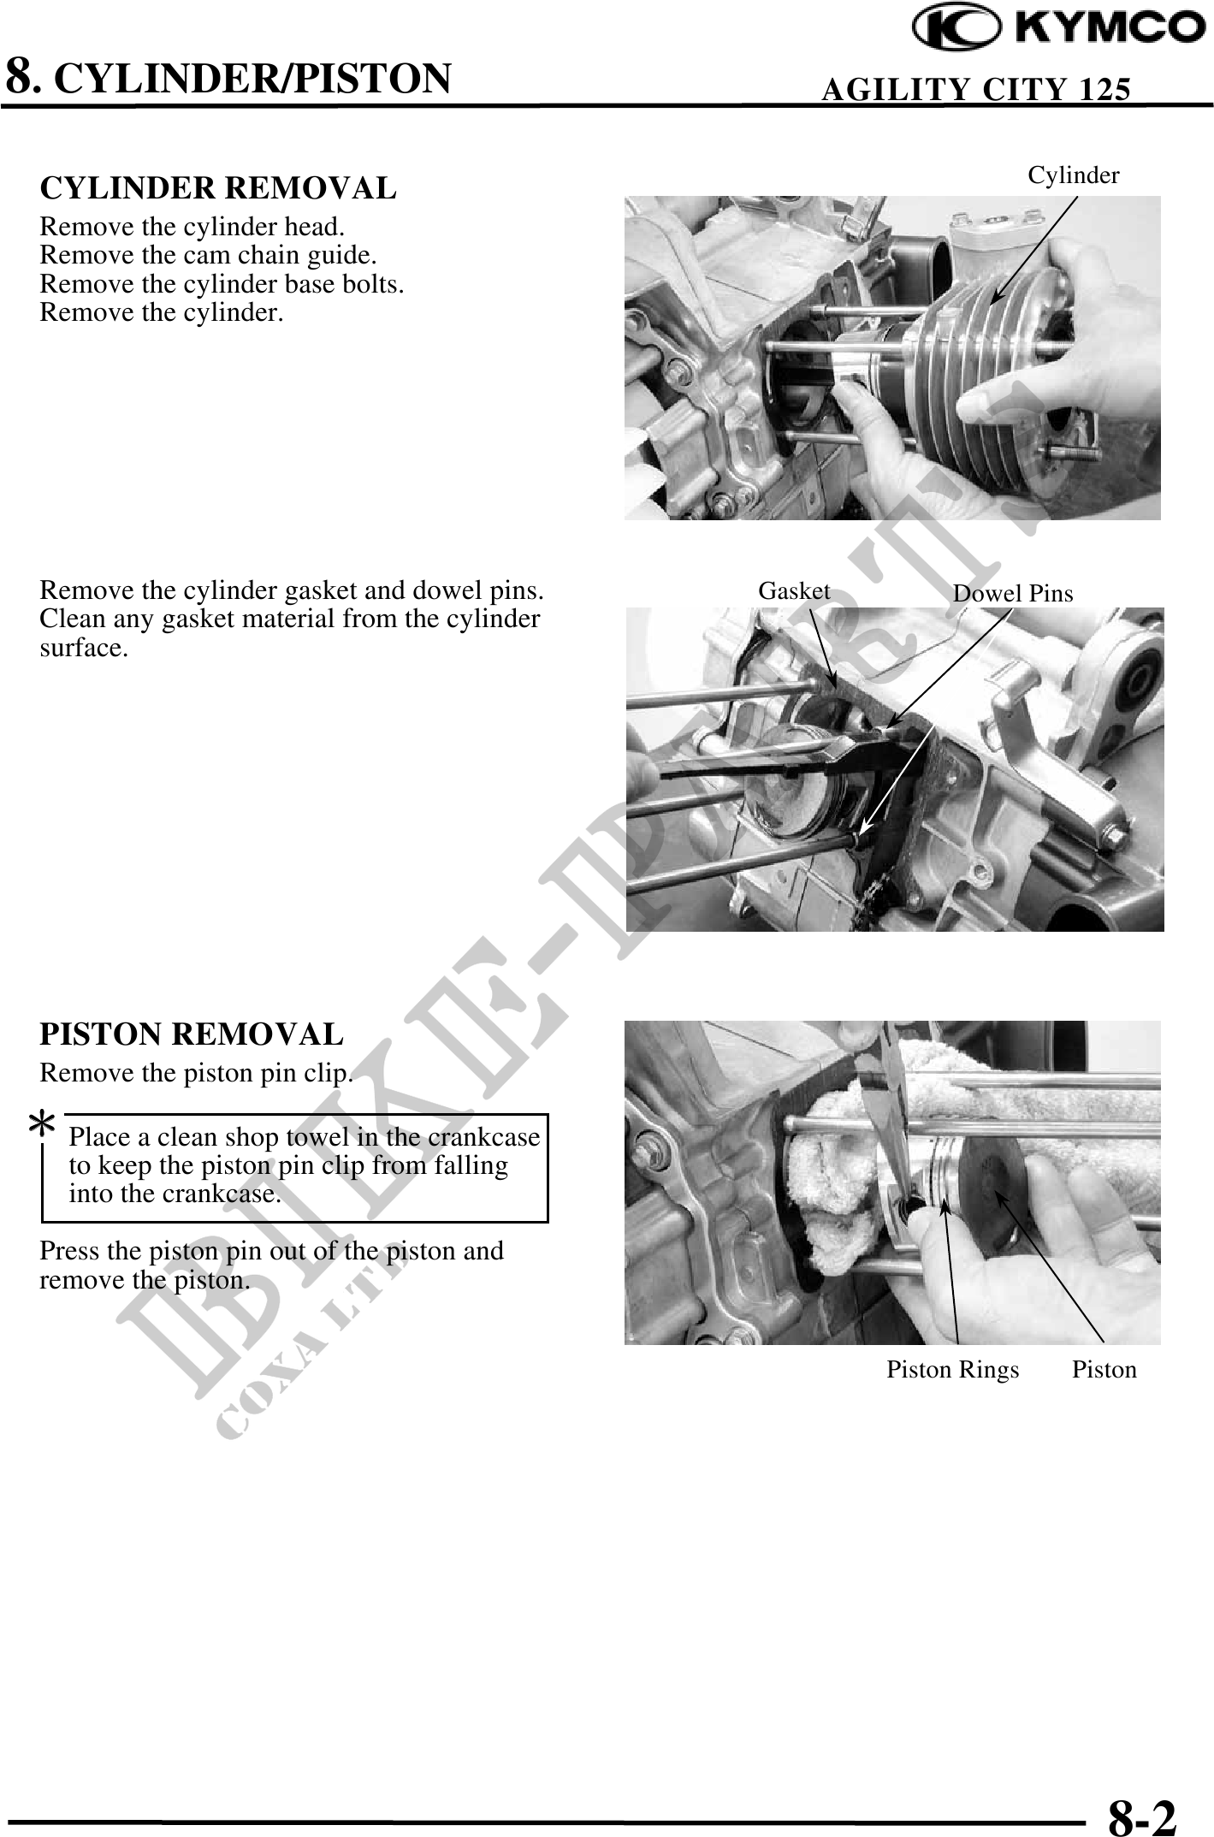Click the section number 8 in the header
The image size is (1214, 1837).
pyautogui.click(x=21, y=75)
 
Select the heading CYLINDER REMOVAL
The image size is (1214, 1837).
pyautogui.click(x=218, y=187)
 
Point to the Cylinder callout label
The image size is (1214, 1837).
pyautogui.click(x=1073, y=175)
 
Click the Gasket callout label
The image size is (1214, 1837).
pyautogui.click(x=794, y=590)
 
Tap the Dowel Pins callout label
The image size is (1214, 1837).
pyautogui.click(x=1013, y=593)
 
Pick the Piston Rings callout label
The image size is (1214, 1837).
pyautogui.click(x=952, y=1370)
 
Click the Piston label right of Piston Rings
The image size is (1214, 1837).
pyautogui.click(x=1104, y=1369)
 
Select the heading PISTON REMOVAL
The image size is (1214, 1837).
pyautogui.click(x=192, y=1034)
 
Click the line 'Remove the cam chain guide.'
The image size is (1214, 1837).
pyautogui.click(x=208, y=255)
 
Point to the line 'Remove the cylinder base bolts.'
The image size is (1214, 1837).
pyautogui.click(x=222, y=283)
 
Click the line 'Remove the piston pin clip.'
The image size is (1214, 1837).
pyautogui.click(x=197, y=1072)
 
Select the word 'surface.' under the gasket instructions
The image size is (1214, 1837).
pyautogui.click(x=84, y=648)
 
